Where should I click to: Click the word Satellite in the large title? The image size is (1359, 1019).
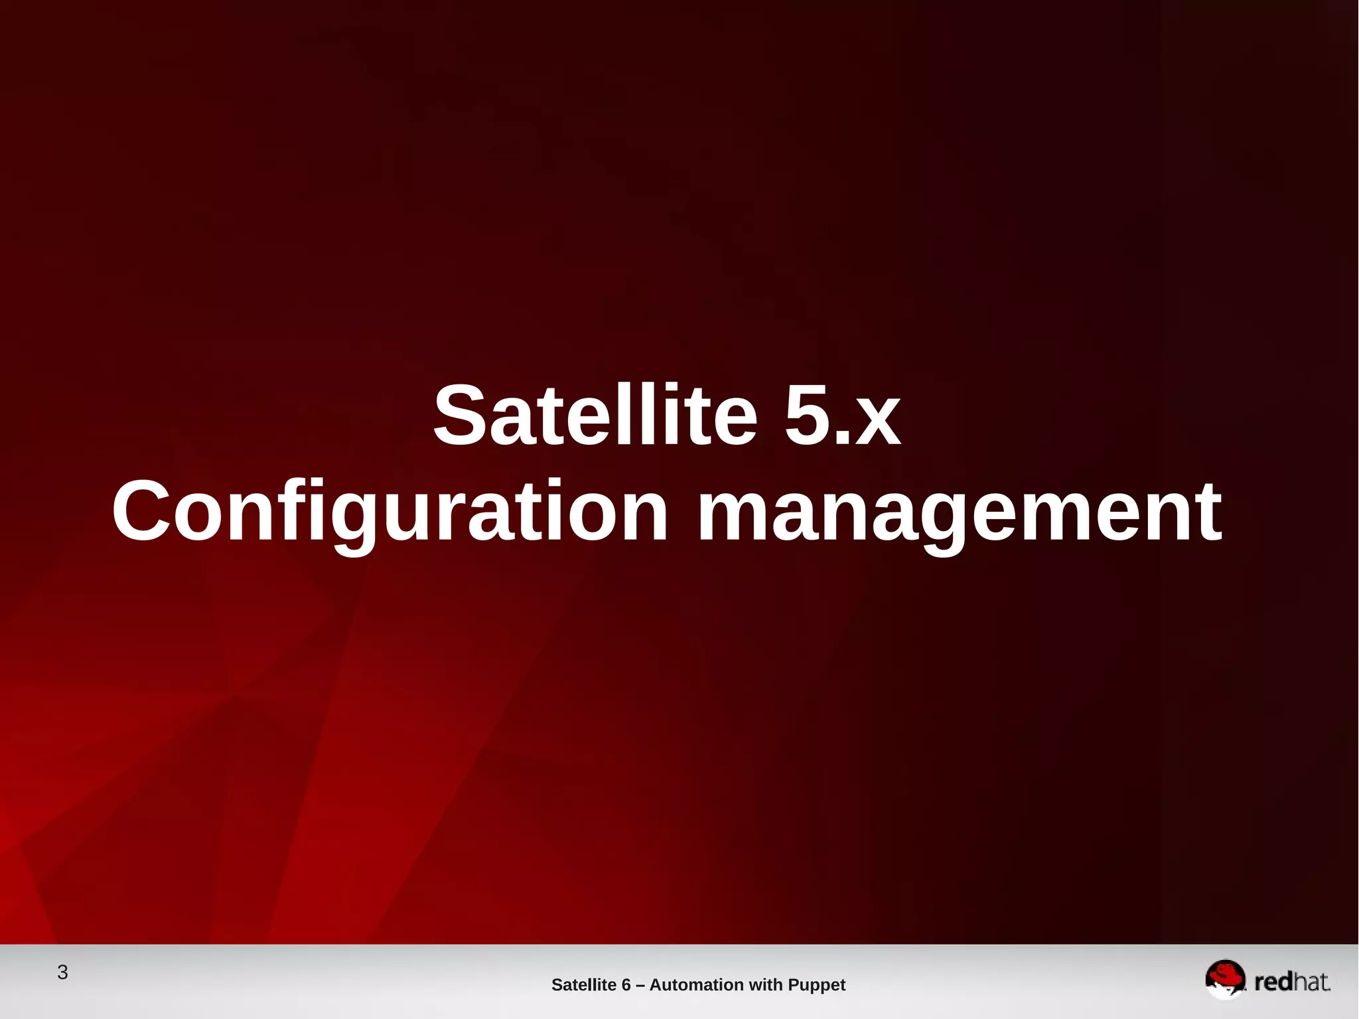point(595,416)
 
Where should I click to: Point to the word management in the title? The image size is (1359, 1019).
point(959,512)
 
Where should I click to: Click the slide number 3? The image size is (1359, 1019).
point(62,973)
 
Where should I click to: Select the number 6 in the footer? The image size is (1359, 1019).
point(626,985)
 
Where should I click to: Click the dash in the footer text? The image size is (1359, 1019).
point(640,985)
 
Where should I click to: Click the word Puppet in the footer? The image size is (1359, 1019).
point(816,985)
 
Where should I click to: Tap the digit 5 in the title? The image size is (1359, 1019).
point(807,416)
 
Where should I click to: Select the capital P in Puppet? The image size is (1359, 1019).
point(793,985)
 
